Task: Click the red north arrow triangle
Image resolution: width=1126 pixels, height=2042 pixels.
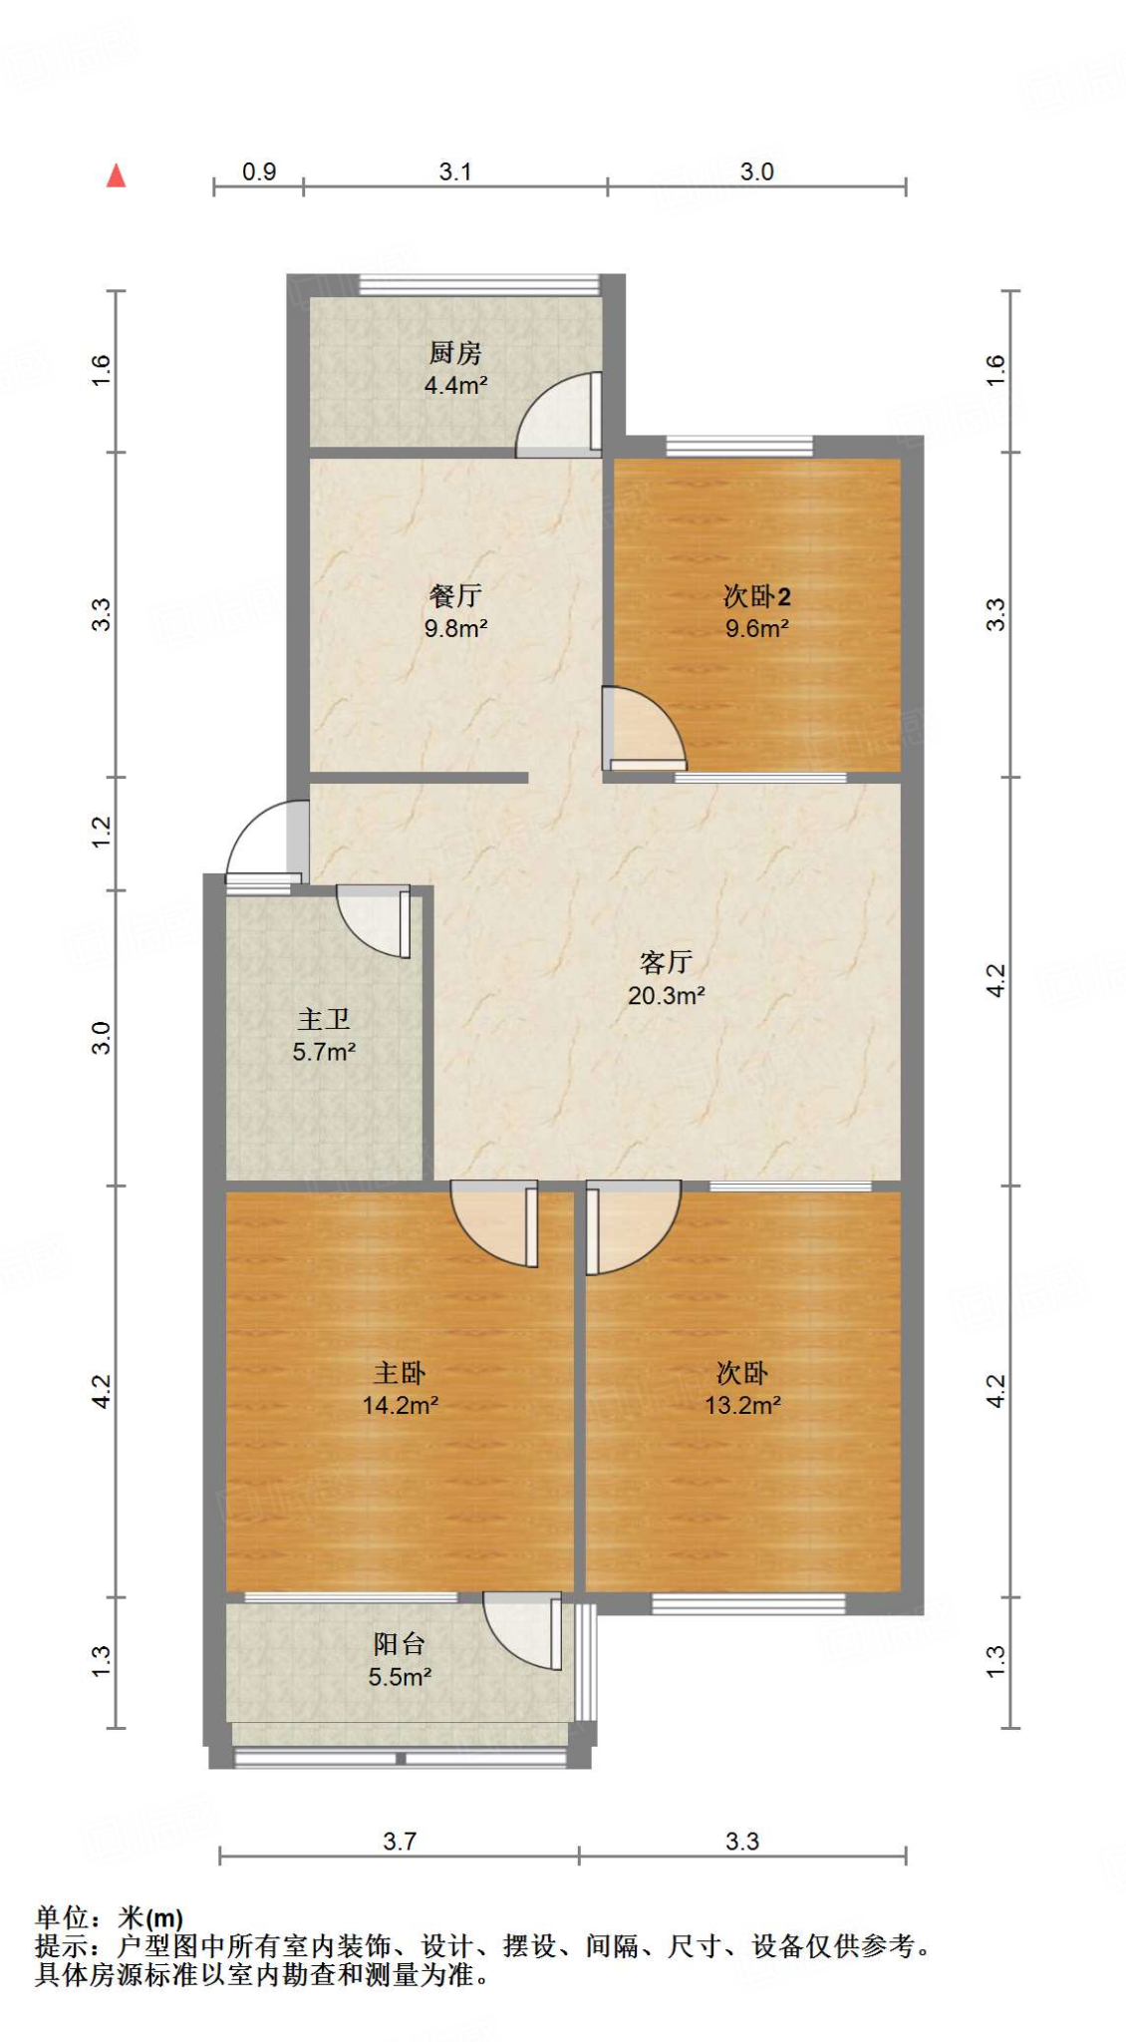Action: (117, 176)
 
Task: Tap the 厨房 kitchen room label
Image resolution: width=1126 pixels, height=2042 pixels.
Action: (455, 352)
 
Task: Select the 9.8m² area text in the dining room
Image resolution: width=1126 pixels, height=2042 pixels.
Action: (455, 628)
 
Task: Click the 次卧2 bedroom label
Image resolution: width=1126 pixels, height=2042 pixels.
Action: (756, 596)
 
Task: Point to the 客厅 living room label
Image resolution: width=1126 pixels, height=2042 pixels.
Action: (666, 962)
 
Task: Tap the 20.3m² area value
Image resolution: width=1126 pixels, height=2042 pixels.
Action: (666, 995)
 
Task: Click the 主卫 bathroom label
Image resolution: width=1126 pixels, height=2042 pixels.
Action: (324, 1019)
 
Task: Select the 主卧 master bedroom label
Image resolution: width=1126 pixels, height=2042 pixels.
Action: (400, 1373)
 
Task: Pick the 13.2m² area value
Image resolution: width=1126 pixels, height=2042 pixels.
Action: (742, 1405)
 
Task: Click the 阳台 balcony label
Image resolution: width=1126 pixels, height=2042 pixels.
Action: (400, 1644)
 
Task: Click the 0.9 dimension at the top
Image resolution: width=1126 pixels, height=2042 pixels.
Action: (259, 171)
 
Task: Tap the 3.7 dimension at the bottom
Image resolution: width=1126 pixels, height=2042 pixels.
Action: (400, 1842)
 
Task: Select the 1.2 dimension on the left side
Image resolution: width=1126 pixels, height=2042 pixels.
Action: (102, 833)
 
